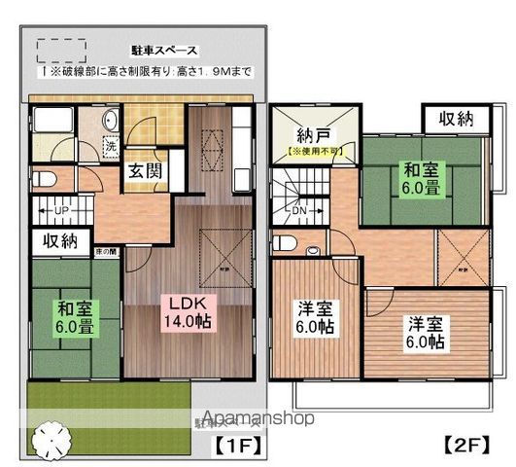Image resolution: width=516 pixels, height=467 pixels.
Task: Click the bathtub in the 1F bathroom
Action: tap(51, 126)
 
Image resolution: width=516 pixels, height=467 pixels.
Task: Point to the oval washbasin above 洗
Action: tap(108, 121)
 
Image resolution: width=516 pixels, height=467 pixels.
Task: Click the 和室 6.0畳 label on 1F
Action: tap(74, 318)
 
